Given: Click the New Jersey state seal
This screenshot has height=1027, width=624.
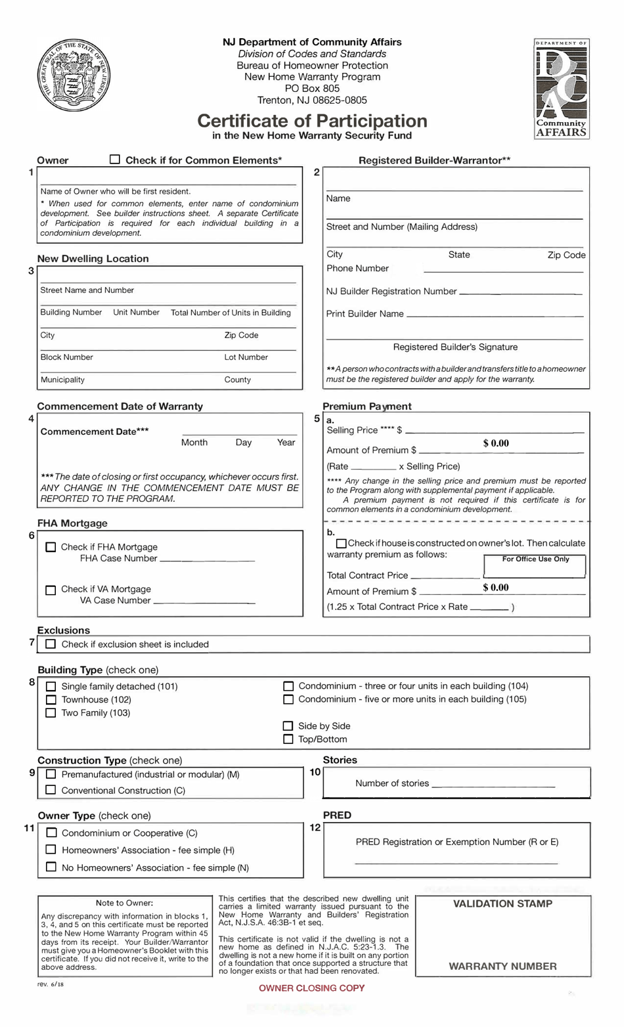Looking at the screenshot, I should pos(74,76).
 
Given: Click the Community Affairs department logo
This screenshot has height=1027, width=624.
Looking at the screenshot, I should pos(561,89).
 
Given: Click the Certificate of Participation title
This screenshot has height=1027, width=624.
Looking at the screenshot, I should pos(312,121).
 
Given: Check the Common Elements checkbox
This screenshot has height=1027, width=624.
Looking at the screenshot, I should pos(115,160).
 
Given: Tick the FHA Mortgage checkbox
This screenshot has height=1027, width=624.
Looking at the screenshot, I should pos(51,547).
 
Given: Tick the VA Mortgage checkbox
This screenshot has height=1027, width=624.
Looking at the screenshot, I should pos(51,590).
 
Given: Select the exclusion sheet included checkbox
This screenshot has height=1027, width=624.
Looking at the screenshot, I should pos(51,644).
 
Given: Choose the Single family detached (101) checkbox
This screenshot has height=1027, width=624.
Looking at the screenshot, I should pos(51,686).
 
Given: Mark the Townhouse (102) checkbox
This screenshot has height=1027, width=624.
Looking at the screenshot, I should pos(51,700).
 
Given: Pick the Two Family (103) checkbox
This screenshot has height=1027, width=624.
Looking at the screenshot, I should pos(51,713).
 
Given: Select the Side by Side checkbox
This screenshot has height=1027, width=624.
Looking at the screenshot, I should pos(288,726).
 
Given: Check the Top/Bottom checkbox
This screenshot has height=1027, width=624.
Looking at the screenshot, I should pos(288,739).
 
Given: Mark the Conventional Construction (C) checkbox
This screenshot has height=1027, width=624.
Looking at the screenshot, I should pos(51,791).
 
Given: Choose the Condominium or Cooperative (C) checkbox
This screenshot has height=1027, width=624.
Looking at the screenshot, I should pos(51,833).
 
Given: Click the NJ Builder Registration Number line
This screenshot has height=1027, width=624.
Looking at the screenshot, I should pos(520,291).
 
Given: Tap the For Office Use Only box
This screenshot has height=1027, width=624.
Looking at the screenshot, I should pos(535,566).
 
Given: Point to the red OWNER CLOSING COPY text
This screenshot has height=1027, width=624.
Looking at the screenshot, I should pos(311,988).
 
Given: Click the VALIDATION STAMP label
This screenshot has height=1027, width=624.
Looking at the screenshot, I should pos(502,904).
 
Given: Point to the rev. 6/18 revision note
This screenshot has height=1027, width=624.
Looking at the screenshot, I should pos(51,984).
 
